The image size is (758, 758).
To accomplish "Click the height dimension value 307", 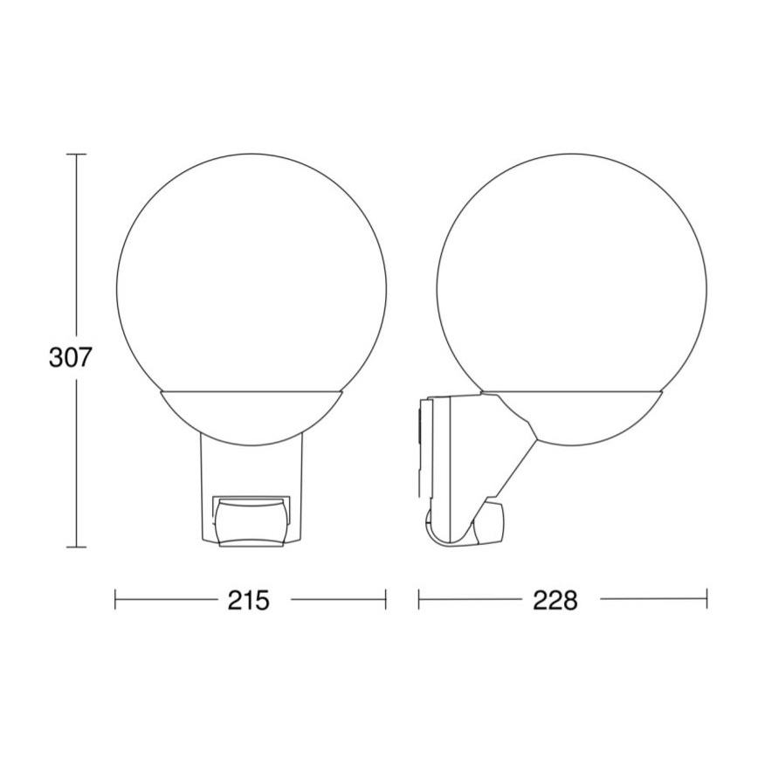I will (70, 359).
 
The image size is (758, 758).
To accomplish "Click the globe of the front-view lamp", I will (250, 262).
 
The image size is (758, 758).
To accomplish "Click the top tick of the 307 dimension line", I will (76, 155).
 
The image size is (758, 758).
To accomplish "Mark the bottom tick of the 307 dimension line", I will (76, 548).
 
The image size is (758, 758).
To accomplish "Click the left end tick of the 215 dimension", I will (116, 599).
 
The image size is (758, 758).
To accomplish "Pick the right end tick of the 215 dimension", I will (385, 599).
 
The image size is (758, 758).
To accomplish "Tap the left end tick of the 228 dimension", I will (419, 599).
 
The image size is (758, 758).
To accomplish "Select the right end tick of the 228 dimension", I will (706, 599).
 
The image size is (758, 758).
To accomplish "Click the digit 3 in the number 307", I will (56, 359).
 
